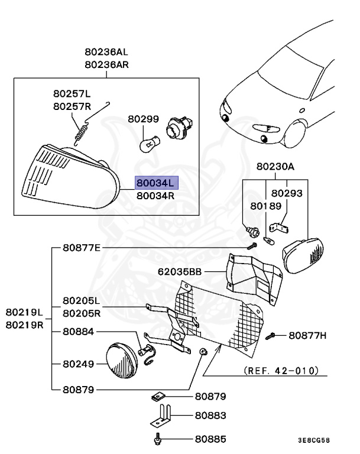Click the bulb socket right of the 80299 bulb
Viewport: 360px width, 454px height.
coord(176,128)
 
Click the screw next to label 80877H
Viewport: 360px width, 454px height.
coord(271,336)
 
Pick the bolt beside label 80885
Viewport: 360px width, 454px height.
coord(158,439)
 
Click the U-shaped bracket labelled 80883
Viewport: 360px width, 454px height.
coord(160,414)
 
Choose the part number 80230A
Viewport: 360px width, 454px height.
coord(275,167)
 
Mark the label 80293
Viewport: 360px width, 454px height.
coord(287,193)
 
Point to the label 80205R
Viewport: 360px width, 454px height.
coord(82,313)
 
